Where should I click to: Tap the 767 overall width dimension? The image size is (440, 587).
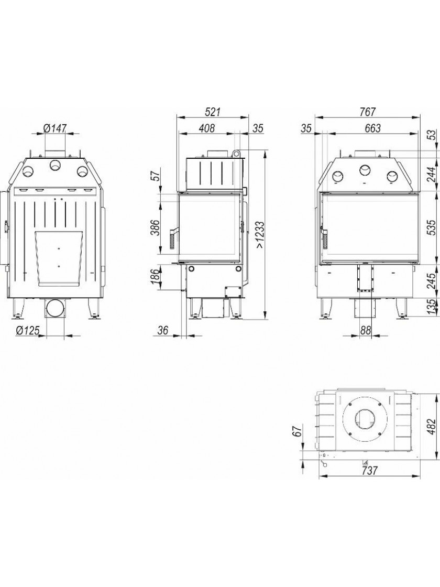368,112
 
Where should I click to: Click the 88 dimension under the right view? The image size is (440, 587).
366,331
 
